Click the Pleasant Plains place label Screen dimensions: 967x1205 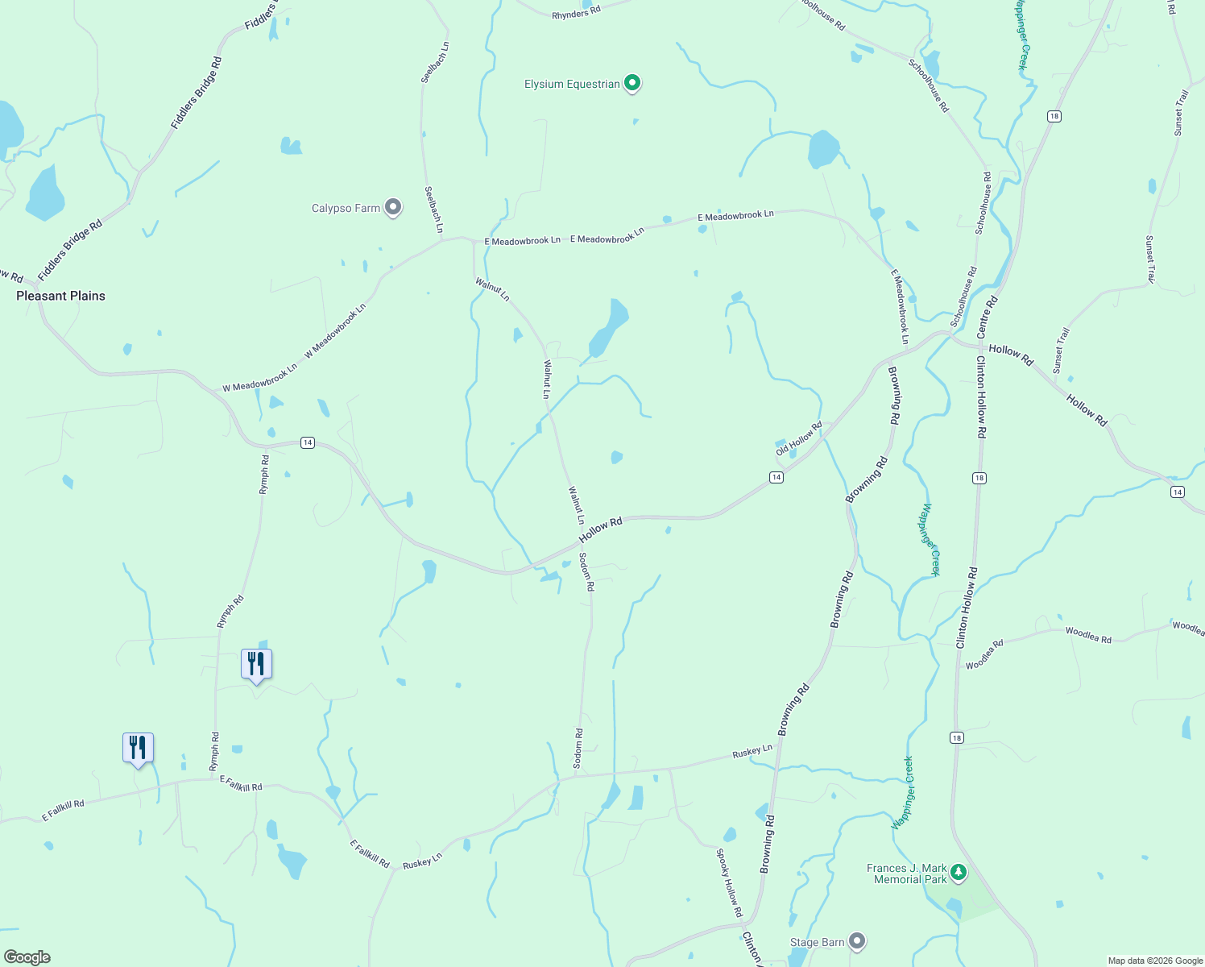click(x=61, y=296)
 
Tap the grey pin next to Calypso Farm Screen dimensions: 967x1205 click(x=392, y=208)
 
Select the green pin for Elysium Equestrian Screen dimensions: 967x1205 click(x=632, y=83)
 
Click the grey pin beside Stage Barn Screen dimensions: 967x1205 click(x=857, y=940)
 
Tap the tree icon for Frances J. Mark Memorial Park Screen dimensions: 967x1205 click(x=958, y=872)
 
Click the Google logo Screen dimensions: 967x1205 click(x=27, y=957)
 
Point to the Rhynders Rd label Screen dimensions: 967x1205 click(x=576, y=14)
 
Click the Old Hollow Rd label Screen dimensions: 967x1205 click(x=799, y=438)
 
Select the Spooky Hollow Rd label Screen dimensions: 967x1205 click(x=730, y=882)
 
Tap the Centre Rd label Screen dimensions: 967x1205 click(x=987, y=317)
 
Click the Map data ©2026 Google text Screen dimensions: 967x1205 click(x=1155, y=961)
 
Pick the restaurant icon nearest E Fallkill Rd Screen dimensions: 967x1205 click(x=138, y=749)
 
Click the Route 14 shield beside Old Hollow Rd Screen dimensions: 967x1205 click(x=776, y=478)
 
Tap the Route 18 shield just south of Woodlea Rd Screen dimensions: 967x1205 click(x=956, y=737)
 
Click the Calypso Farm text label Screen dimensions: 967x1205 click(x=346, y=208)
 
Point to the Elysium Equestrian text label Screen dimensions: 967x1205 click(x=572, y=84)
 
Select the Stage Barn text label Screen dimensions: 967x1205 click(x=817, y=942)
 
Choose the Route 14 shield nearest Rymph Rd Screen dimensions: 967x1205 click(x=307, y=442)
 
